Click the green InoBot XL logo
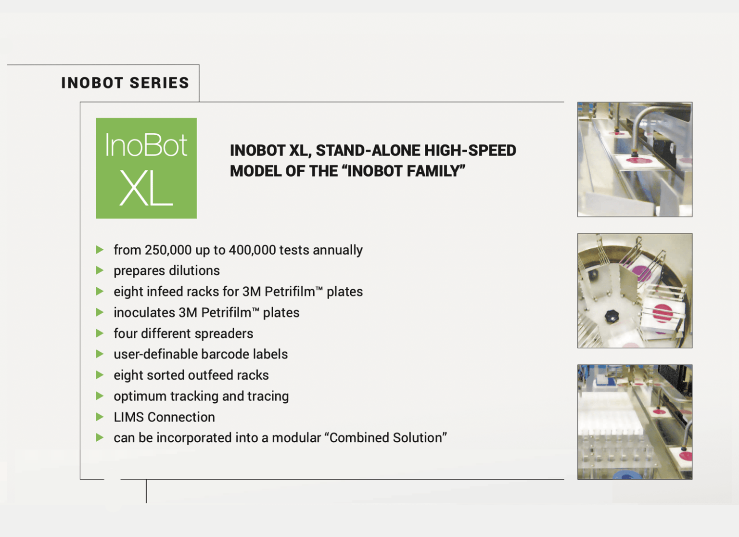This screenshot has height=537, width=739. tap(146, 168)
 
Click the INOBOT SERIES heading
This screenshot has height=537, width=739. tap(125, 83)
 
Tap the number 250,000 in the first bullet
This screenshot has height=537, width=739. tap(168, 250)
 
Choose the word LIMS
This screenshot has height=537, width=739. tap(129, 417)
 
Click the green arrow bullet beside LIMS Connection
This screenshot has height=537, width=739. tap(100, 417)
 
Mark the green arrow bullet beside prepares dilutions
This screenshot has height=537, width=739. tap(100, 270)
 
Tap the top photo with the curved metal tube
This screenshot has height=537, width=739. tap(635, 159)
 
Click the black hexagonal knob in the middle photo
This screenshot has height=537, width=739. tap(611, 316)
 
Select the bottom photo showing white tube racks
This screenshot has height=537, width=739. tap(635, 422)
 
